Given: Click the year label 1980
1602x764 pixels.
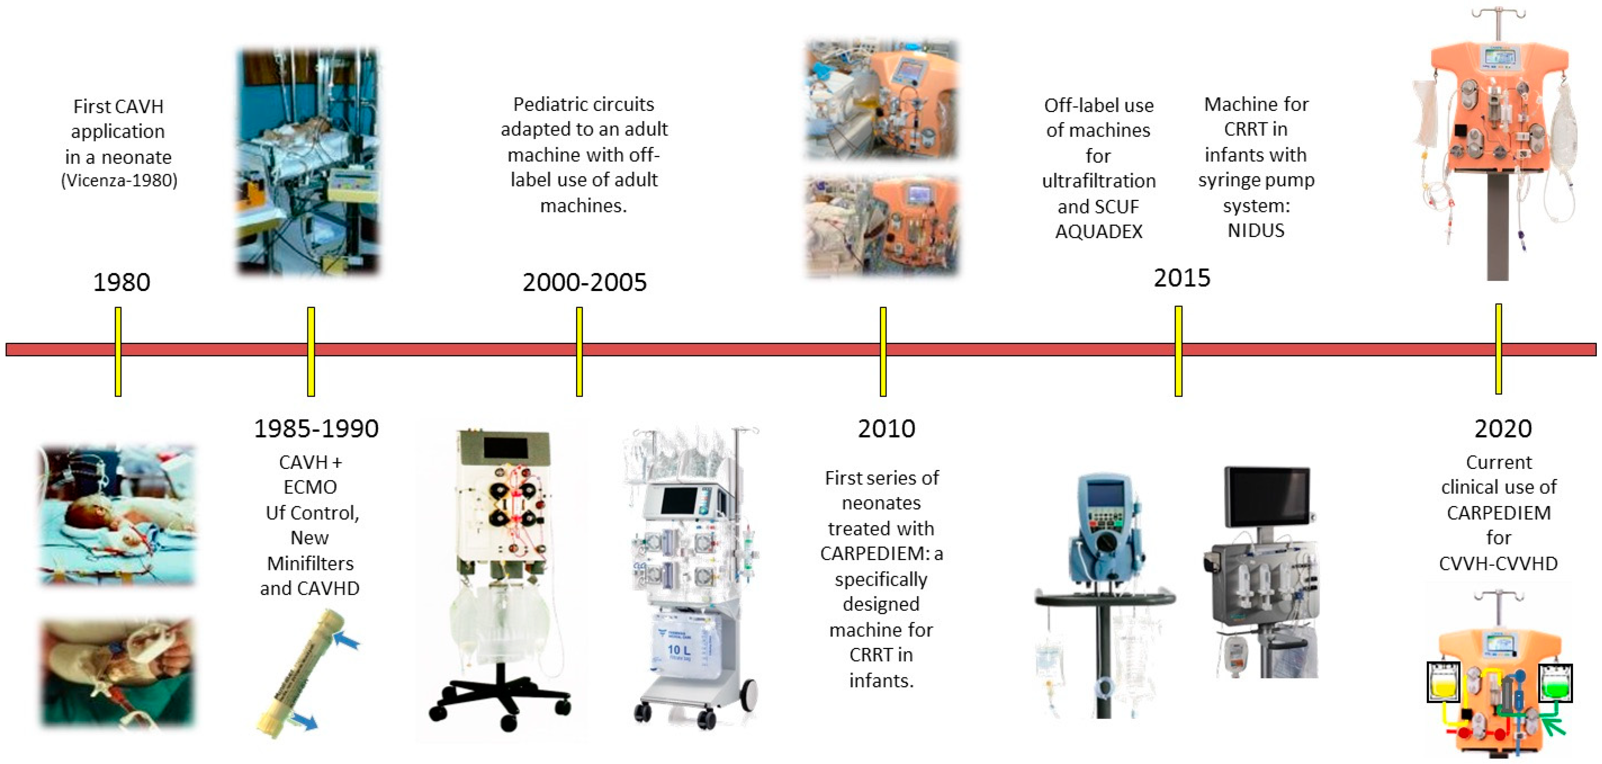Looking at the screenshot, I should [121, 282].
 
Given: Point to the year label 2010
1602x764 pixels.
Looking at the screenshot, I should [886, 429].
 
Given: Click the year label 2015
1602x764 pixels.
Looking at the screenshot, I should [1181, 278].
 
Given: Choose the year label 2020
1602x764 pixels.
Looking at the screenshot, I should [1503, 429].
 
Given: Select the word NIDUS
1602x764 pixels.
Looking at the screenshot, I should [1256, 230].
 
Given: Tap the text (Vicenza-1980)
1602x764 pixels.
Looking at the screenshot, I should [119, 180].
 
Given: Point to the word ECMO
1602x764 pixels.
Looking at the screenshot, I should [310, 487].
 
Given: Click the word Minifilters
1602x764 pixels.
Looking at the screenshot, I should [310, 563].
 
